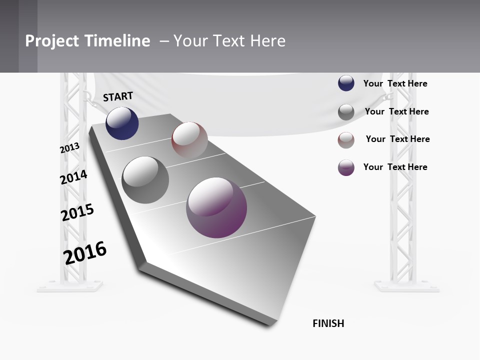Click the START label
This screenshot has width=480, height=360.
118,96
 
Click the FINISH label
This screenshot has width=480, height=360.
328,323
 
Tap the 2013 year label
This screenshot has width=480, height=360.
70,148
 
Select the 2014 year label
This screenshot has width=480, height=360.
73,177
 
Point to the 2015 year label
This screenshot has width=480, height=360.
77,212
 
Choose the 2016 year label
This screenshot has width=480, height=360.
85,252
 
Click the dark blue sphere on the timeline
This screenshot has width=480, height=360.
122,123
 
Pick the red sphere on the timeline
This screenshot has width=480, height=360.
189,140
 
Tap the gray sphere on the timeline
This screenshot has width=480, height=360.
145,180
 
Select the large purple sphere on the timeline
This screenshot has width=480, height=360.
216,207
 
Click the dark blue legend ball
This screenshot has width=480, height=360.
346,83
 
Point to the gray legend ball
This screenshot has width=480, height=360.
346,112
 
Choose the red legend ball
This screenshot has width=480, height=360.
346,140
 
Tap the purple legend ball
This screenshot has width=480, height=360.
346,167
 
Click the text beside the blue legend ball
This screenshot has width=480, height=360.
395,83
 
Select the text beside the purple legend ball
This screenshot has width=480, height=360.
395,167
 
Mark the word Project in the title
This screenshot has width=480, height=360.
52,41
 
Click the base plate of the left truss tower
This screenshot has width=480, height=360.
69,286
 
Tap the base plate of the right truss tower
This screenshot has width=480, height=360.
406,286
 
